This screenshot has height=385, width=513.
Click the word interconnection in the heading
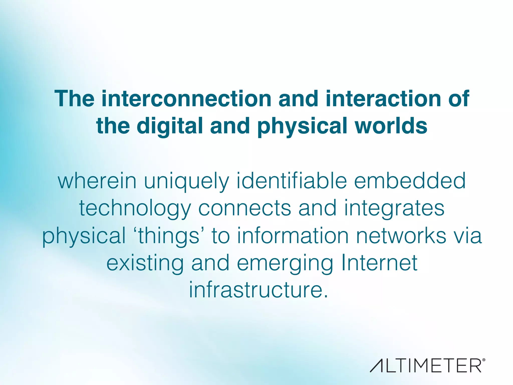(186, 99)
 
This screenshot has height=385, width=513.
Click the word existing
(145, 263)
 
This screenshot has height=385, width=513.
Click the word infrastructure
(258, 290)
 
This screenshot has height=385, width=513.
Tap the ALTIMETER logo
(427, 366)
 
